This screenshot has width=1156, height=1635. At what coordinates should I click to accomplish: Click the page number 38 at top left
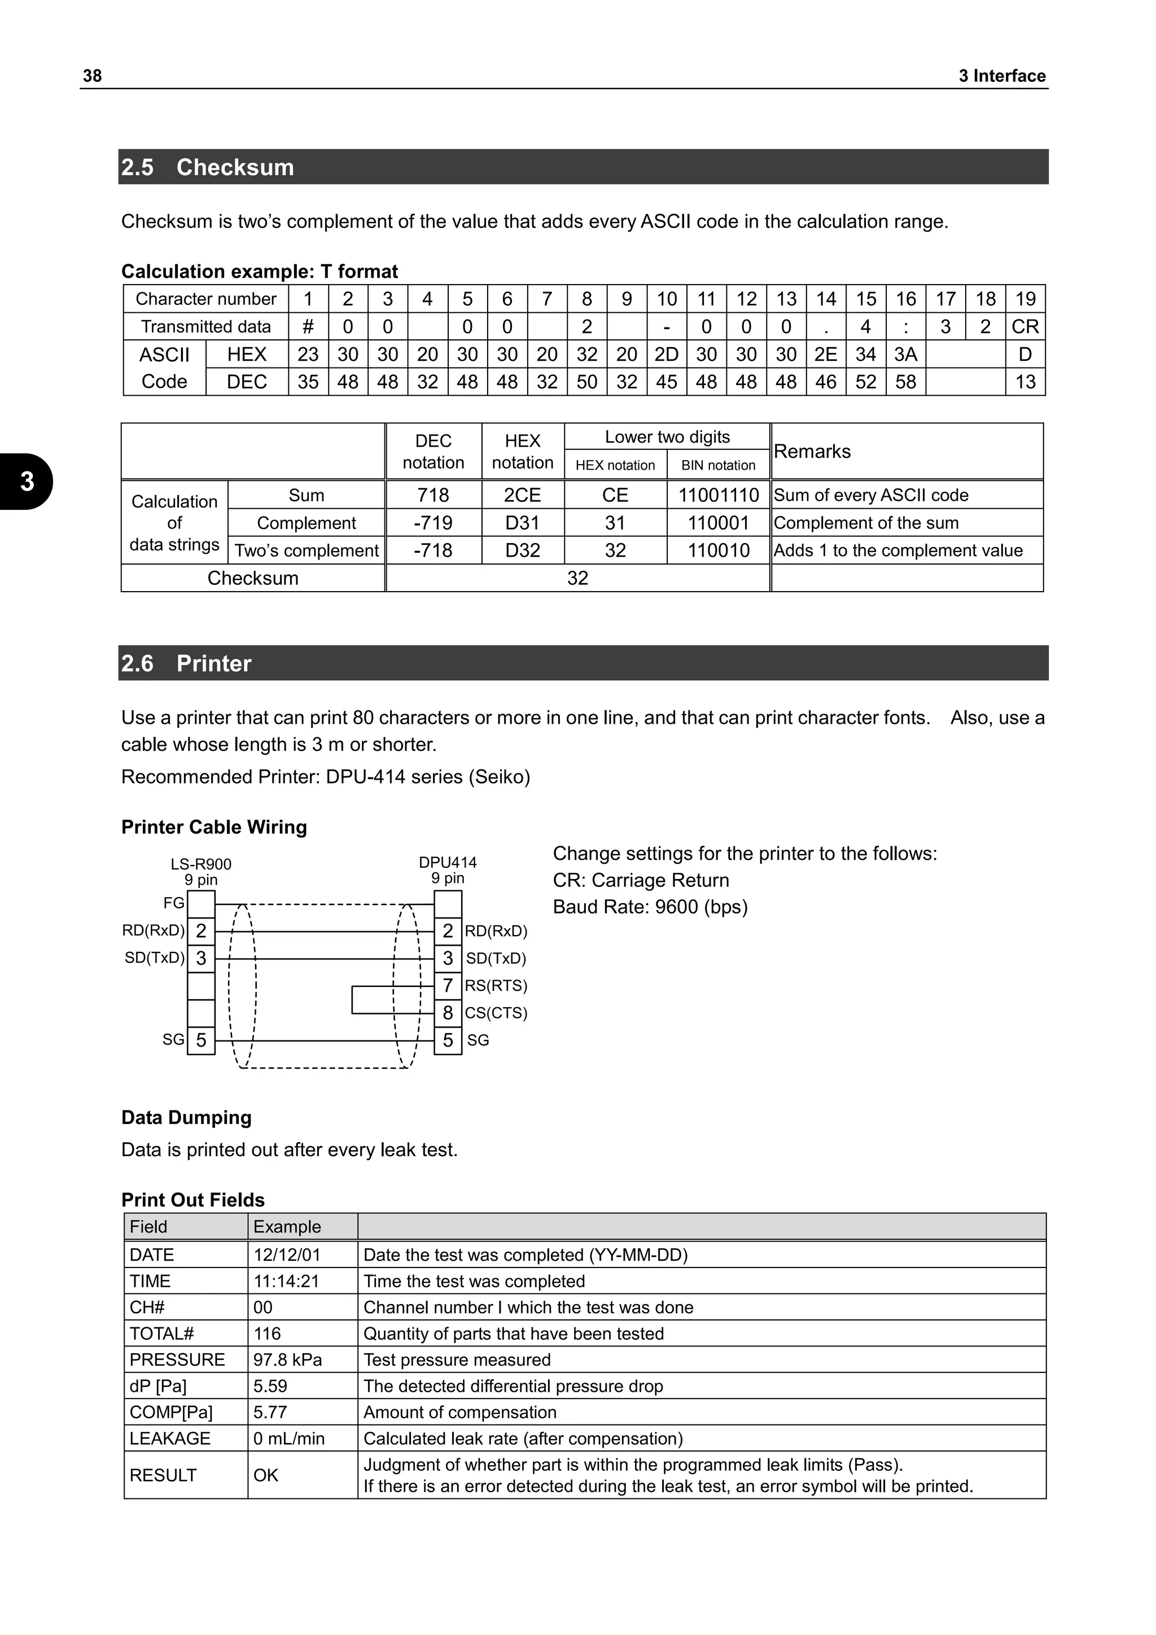(x=93, y=76)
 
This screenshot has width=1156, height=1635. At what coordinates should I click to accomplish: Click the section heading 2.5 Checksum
(x=207, y=167)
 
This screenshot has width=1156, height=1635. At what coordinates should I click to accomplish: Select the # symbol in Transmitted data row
(x=308, y=327)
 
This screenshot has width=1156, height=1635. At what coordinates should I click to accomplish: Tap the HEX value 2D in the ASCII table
(x=666, y=355)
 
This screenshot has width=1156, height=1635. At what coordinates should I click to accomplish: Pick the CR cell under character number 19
(x=1025, y=327)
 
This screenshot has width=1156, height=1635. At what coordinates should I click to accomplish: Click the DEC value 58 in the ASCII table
(x=905, y=382)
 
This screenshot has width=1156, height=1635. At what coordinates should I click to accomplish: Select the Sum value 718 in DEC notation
(x=433, y=495)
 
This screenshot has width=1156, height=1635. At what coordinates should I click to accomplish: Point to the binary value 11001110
(x=718, y=495)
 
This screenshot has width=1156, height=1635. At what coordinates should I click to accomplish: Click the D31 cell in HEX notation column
(x=523, y=523)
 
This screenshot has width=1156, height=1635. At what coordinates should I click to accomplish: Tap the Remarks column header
(x=812, y=452)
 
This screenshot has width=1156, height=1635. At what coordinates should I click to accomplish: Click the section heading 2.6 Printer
(x=186, y=664)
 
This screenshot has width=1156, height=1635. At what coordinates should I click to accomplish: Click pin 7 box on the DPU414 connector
(x=448, y=986)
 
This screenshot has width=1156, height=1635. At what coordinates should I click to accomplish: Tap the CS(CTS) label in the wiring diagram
(x=496, y=1013)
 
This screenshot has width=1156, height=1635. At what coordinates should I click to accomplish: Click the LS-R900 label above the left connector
(x=201, y=864)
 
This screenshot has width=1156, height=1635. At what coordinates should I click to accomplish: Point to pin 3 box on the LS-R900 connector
(x=201, y=959)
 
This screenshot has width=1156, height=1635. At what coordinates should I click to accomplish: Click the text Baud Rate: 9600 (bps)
(x=650, y=907)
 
